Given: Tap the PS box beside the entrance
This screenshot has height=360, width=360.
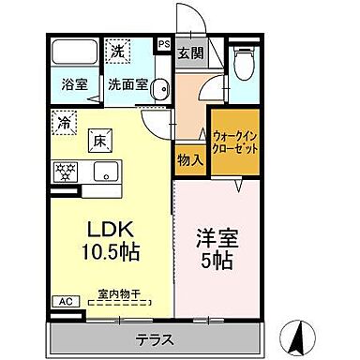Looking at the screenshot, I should pos(163,43).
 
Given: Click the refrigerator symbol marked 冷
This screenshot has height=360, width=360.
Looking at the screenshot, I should pos(63,121).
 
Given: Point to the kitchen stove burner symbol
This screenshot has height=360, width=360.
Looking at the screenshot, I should pos(67,172).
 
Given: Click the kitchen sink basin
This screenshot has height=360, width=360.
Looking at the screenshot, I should pos(104,172).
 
